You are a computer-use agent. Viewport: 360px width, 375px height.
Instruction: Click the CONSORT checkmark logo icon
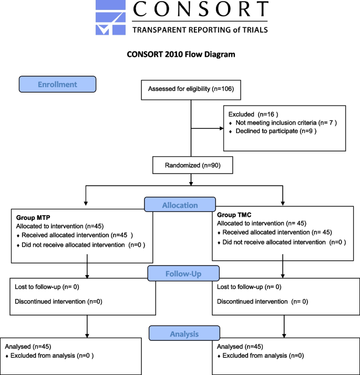coord(110,18)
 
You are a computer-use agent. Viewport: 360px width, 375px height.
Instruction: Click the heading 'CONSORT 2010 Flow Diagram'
coord(181,54)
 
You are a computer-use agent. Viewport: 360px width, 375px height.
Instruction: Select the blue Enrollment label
coord(57,84)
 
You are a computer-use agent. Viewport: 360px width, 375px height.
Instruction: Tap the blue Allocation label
coord(180,205)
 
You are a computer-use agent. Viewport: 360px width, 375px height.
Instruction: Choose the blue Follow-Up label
coord(182,274)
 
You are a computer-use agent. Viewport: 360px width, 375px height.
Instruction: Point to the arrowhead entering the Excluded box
coord(220,128)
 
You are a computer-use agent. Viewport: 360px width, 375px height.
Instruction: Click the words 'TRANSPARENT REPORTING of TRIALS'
coord(200,30)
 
